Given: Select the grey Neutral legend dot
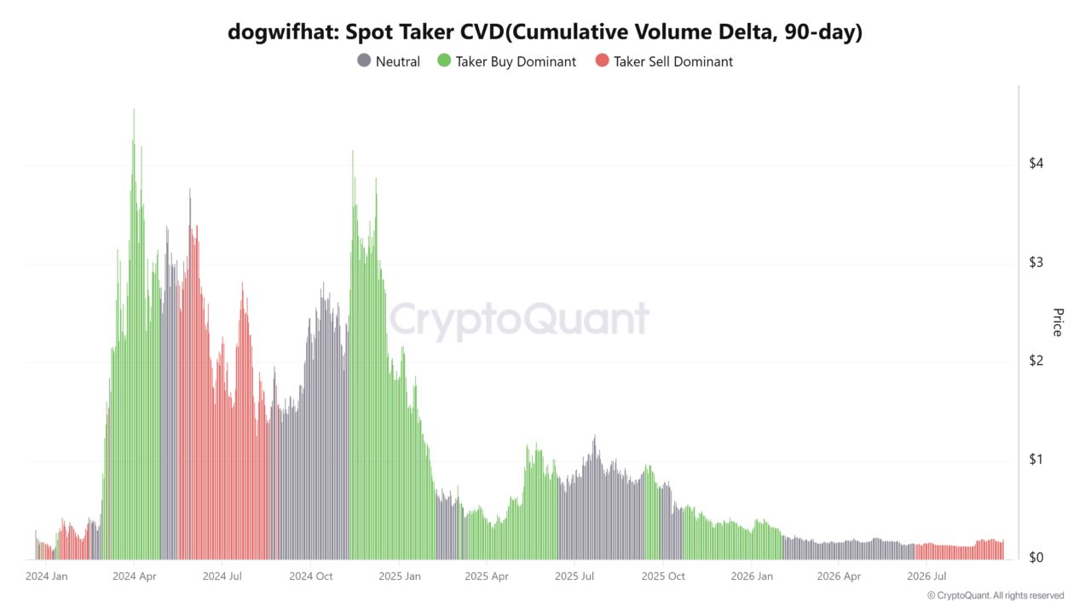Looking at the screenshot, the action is [x=364, y=61].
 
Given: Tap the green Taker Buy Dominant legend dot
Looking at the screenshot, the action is [x=444, y=61].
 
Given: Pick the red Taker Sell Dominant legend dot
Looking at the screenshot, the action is [x=602, y=61].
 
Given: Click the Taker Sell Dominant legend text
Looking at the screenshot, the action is [x=673, y=62].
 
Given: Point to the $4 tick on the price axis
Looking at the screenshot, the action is [x=1036, y=163].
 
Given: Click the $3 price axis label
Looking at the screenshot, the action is [x=1036, y=262].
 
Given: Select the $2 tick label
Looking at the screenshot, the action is [x=1036, y=361].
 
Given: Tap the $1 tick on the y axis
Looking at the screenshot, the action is [x=1036, y=459].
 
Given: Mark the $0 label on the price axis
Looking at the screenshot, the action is [x=1036, y=558].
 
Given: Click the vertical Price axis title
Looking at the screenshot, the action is [x=1058, y=322].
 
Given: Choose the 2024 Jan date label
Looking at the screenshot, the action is [x=46, y=576].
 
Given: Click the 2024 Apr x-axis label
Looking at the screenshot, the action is [x=135, y=576].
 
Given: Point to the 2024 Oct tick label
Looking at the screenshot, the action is [x=311, y=576].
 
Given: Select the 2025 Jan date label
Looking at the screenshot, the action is [x=400, y=576].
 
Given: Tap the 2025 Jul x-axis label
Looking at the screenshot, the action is [x=574, y=576].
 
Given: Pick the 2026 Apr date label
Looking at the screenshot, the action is [x=839, y=576].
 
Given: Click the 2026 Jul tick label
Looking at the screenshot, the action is [x=926, y=576].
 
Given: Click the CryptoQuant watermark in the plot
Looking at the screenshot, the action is [x=519, y=320].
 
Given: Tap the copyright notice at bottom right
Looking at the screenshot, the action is [x=996, y=595].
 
